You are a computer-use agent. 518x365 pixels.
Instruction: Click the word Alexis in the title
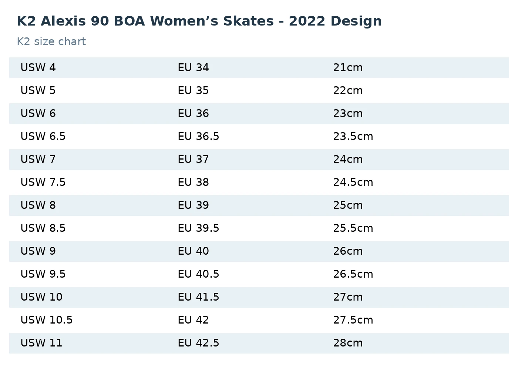tap(63, 21)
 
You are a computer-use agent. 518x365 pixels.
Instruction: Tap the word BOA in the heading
tap(129, 21)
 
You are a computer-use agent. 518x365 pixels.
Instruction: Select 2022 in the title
tap(307, 21)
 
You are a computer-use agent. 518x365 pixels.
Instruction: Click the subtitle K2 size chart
tap(51, 41)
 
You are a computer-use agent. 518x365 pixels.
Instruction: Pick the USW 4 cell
tap(38, 67)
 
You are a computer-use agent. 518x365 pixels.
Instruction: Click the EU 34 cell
tap(193, 67)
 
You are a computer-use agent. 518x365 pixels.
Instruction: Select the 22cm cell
tap(348, 90)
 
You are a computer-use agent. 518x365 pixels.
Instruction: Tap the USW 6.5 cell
tap(43, 136)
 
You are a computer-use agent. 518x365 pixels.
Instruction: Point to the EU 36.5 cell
tap(198, 136)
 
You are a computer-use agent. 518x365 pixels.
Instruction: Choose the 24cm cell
tap(348, 159)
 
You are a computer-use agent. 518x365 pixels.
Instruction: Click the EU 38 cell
tap(193, 182)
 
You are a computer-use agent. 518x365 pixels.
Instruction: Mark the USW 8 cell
tap(38, 205)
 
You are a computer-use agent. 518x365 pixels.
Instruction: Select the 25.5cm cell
tap(353, 228)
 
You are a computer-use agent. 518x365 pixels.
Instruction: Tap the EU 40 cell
tap(193, 251)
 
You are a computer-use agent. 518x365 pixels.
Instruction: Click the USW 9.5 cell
tap(43, 274)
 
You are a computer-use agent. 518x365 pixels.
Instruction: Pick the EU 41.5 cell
tap(198, 297)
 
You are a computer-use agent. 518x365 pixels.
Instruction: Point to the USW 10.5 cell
tap(47, 320)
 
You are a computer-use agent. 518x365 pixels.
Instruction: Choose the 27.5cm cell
tap(353, 320)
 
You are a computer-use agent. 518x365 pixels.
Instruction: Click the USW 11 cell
tap(41, 342)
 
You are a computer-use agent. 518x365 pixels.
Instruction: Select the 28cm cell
tap(348, 342)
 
